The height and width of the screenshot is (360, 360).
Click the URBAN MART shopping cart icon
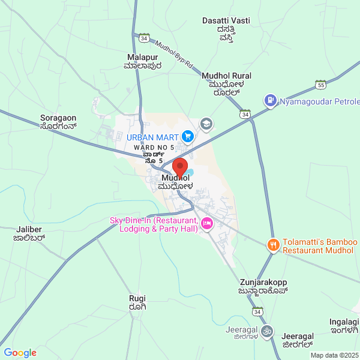(x=187, y=137)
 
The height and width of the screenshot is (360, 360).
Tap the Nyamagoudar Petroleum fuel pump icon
(x=271, y=100)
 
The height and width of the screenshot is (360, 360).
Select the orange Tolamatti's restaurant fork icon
(x=273, y=245)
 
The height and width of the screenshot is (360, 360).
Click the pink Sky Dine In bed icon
(x=207, y=224)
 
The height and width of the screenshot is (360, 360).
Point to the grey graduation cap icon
(x=206, y=123)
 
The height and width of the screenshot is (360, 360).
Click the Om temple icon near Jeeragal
(x=267, y=331)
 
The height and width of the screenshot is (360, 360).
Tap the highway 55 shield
(x=321, y=85)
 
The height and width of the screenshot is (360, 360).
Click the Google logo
(x=20, y=353)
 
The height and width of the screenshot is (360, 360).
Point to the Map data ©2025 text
(x=334, y=355)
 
